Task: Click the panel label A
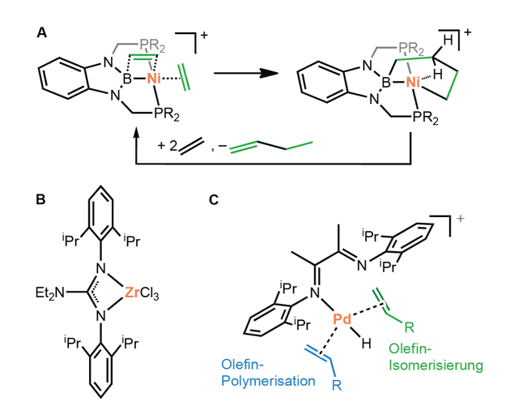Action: pos(42,33)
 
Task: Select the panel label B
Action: pos(40,200)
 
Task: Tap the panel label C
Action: pos(214,200)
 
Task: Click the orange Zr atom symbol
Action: pos(132,293)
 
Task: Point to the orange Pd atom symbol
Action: pos(342,319)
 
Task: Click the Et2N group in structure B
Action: pos(50,293)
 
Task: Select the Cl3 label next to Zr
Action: pos(150,293)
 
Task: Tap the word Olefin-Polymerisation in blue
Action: pos(268,373)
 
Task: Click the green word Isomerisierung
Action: pos(435,365)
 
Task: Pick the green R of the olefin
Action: pos(409,327)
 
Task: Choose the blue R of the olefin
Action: pos(337,386)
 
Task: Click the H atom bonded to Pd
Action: pos(366,344)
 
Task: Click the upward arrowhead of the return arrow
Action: pos(136,135)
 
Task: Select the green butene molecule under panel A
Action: pos(271,147)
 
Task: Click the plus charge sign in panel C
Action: pos(460,219)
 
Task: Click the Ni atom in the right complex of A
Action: pos(413,82)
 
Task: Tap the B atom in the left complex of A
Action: pos(128,79)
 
